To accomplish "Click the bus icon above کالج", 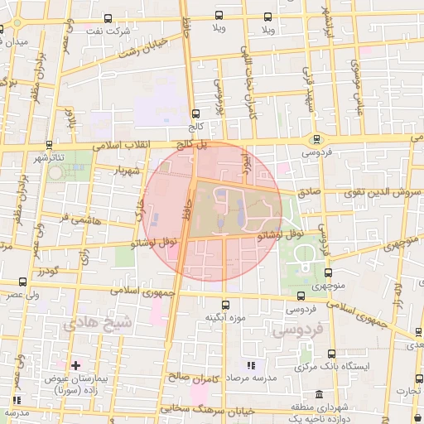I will click(195, 114).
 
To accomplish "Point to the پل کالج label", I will click(189, 144).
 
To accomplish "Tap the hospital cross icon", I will click(75, 364).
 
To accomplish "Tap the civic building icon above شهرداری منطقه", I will click(296, 395).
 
